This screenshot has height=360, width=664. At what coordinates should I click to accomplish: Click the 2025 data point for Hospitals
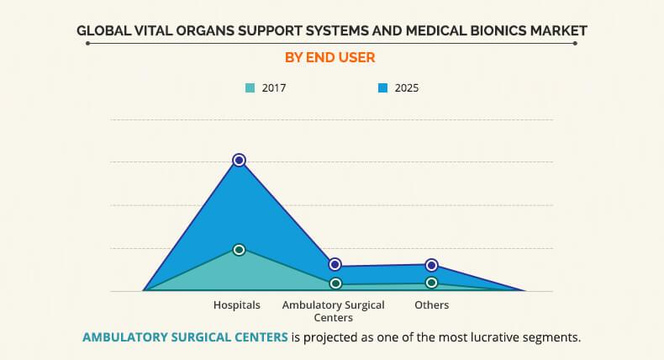coord(239,160)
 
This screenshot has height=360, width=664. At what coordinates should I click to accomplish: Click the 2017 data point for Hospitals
coord(239,250)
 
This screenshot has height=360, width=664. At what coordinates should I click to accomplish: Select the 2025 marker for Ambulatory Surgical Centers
coord(335,265)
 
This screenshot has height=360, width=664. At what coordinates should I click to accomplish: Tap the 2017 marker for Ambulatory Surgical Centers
coord(335,284)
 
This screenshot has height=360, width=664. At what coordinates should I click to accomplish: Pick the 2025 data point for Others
coord(431,265)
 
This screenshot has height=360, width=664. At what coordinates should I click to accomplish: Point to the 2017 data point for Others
coord(431,283)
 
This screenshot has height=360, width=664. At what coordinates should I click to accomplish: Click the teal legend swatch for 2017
coord(250,87)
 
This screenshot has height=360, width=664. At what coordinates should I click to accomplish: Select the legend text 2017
coord(274,87)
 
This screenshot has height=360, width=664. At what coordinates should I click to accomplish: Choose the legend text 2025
coord(406,87)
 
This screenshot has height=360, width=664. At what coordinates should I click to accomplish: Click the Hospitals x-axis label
coord(236,304)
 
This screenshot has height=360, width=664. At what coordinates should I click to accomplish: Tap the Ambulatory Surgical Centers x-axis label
coord(333,310)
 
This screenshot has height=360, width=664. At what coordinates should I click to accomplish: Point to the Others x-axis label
coord(431,304)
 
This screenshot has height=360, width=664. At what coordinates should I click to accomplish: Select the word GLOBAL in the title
coord(104,31)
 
